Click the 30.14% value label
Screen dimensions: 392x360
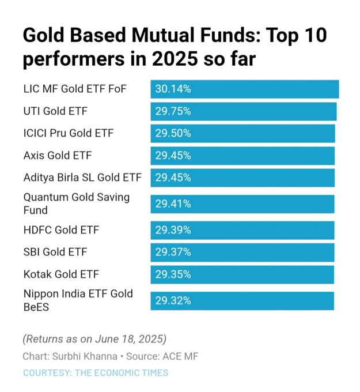click(x=173, y=89)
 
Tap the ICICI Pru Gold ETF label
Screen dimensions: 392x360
click(x=69, y=133)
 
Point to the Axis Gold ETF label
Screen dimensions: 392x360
click(x=58, y=155)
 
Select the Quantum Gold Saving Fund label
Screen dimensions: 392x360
click(x=77, y=203)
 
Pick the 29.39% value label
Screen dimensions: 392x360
click(x=173, y=230)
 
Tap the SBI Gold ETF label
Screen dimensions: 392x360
click(x=55, y=252)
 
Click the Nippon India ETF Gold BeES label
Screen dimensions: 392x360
click(x=78, y=300)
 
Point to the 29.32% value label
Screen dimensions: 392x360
click(x=173, y=300)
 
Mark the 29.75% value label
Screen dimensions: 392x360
click(x=173, y=111)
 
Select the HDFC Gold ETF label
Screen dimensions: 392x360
click(x=61, y=230)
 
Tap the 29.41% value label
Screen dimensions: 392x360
click(x=173, y=203)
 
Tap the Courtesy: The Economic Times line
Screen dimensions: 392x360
click(x=96, y=372)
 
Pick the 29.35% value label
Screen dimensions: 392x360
click(x=173, y=274)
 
